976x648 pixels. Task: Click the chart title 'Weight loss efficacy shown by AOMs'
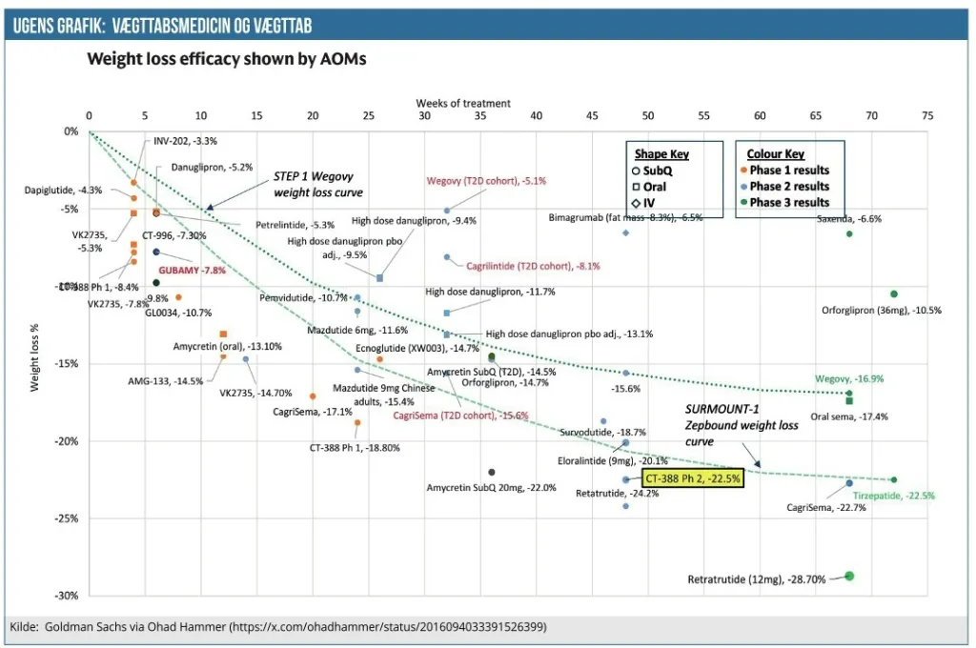(227, 59)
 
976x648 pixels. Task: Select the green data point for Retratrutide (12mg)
(849, 576)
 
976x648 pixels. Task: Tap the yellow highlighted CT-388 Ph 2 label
(692, 478)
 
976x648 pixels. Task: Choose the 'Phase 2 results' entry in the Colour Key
(789, 187)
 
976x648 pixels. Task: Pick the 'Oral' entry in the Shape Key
(654, 187)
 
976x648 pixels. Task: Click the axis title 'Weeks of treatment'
(463, 103)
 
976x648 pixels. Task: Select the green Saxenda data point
(849, 233)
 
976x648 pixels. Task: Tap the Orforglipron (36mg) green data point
(894, 294)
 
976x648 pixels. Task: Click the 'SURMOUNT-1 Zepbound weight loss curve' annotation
(742, 426)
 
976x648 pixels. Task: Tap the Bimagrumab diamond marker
(626, 233)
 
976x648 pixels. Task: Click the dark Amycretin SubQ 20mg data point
(492, 472)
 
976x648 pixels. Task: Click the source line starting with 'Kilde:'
(277, 627)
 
